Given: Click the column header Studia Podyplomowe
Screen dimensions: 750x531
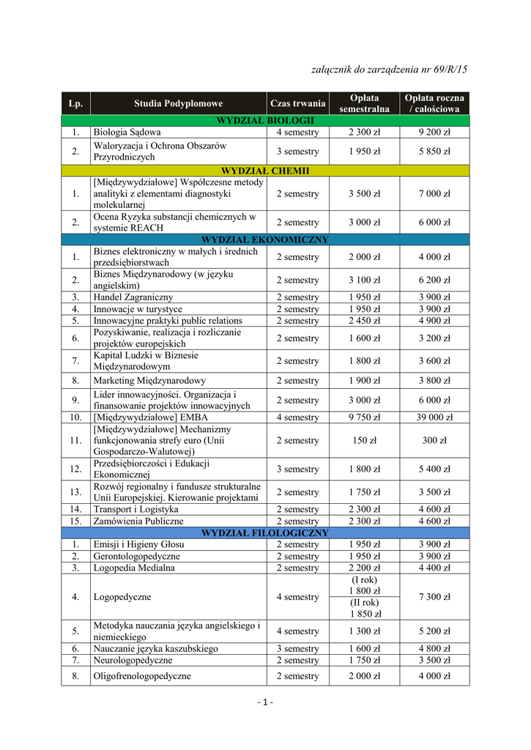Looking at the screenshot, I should click(x=178, y=103).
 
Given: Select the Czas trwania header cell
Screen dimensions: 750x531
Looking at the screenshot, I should click(x=297, y=103).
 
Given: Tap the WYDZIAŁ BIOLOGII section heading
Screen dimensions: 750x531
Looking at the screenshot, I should click(x=265, y=120).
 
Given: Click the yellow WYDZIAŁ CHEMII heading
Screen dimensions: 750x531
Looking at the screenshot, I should click(x=265, y=171).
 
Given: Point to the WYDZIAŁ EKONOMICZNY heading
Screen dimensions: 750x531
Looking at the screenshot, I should click(x=265, y=240).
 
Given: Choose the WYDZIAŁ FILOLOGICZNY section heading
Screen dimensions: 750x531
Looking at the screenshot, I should click(x=265, y=533).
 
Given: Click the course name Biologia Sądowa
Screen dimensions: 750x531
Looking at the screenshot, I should click(x=127, y=133).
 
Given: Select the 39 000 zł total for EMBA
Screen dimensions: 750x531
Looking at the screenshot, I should click(x=434, y=417).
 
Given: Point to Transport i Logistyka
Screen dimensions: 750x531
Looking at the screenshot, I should click(x=135, y=509).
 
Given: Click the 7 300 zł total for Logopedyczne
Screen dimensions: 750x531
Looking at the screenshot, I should click(x=434, y=597).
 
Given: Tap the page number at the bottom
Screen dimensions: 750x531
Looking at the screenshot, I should click(x=265, y=704).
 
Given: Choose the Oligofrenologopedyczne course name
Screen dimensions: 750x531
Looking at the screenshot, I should click(x=142, y=676).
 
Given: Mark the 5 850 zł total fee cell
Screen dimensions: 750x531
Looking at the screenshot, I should click(x=434, y=152).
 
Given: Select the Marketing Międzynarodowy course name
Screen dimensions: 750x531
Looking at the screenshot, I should click(x=149, y=381).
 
